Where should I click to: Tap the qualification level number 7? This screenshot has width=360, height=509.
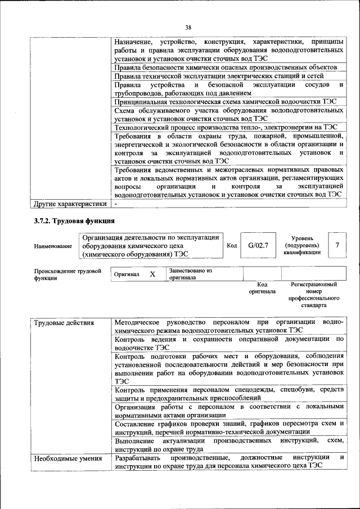pyautogui.click(x=337, y=245)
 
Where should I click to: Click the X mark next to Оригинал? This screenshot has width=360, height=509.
pyautogui.click(x=152, y=274)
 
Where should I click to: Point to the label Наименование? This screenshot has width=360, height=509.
pyautogui.click(x=53, y=246)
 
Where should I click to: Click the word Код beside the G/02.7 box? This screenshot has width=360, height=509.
pyautogui.click(x=232, y=246)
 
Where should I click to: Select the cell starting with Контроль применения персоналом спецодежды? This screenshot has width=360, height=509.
pyautogui.click(x=228, y=393)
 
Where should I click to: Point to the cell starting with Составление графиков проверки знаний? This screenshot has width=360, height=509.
pyautogui.click(x=228, y=426)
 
